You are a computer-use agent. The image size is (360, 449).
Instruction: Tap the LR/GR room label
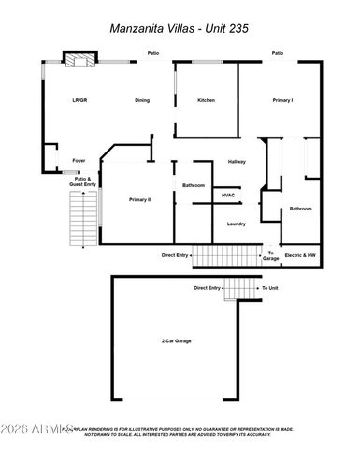click(79, 100)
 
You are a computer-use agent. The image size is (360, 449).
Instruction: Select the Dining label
click(142, 100)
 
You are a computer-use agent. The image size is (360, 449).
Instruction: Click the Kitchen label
click(207, 100)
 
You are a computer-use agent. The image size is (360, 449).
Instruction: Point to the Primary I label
click(283, 100)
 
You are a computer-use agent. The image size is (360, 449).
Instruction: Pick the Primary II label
click(140, 200)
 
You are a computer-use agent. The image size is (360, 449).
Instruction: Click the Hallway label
click(237, 162)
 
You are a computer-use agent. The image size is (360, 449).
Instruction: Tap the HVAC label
click(228, 195)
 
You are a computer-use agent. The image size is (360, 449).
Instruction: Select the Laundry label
click(237, 224)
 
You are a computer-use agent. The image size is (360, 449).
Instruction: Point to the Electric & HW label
click(300, 254)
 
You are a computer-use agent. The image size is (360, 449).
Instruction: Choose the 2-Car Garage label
click(175, 341)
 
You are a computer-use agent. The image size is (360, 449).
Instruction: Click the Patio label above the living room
click(152, 53)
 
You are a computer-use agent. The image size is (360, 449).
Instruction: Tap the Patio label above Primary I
click(278, 53)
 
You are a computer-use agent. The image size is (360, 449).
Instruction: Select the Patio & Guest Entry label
click(83, 181)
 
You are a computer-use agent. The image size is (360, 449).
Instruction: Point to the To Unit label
click(270, 288)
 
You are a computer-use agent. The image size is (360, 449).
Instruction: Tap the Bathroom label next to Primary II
click(194, 185)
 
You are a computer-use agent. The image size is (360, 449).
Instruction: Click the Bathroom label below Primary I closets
click(300, 209)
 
